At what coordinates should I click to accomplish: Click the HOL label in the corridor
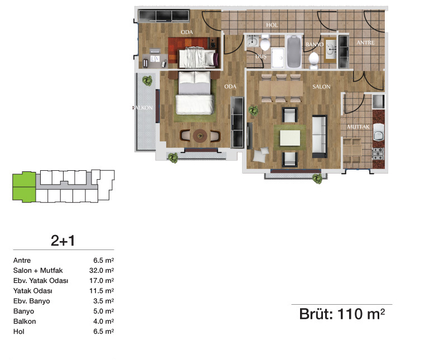(272, 25)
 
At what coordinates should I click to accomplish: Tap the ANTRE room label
(365, 42)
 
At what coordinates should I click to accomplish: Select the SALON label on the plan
(321, 87)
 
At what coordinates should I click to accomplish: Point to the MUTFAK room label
(358, 127)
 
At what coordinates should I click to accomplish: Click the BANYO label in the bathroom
(315, 44)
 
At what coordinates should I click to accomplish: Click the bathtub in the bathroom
(294, 51)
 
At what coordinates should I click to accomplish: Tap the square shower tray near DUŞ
(278, 58)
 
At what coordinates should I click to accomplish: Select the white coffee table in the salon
(290, 138)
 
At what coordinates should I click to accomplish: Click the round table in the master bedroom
(200, 136)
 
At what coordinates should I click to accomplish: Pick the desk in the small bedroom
(154, 60)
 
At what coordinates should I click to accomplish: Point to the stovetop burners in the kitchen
(378, 153)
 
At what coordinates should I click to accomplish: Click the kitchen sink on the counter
(378, 132)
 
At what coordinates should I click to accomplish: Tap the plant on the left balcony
(147, 80)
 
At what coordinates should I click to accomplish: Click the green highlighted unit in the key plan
(24, 187)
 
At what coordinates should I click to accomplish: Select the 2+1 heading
(62, 241)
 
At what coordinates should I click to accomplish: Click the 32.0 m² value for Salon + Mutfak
(102, 271)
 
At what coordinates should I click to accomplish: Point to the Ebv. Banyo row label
(31, 301)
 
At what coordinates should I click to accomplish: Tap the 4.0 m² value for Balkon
(104, 321)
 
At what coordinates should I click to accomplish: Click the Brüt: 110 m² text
(342, 314)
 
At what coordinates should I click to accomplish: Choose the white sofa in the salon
(320, 137)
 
